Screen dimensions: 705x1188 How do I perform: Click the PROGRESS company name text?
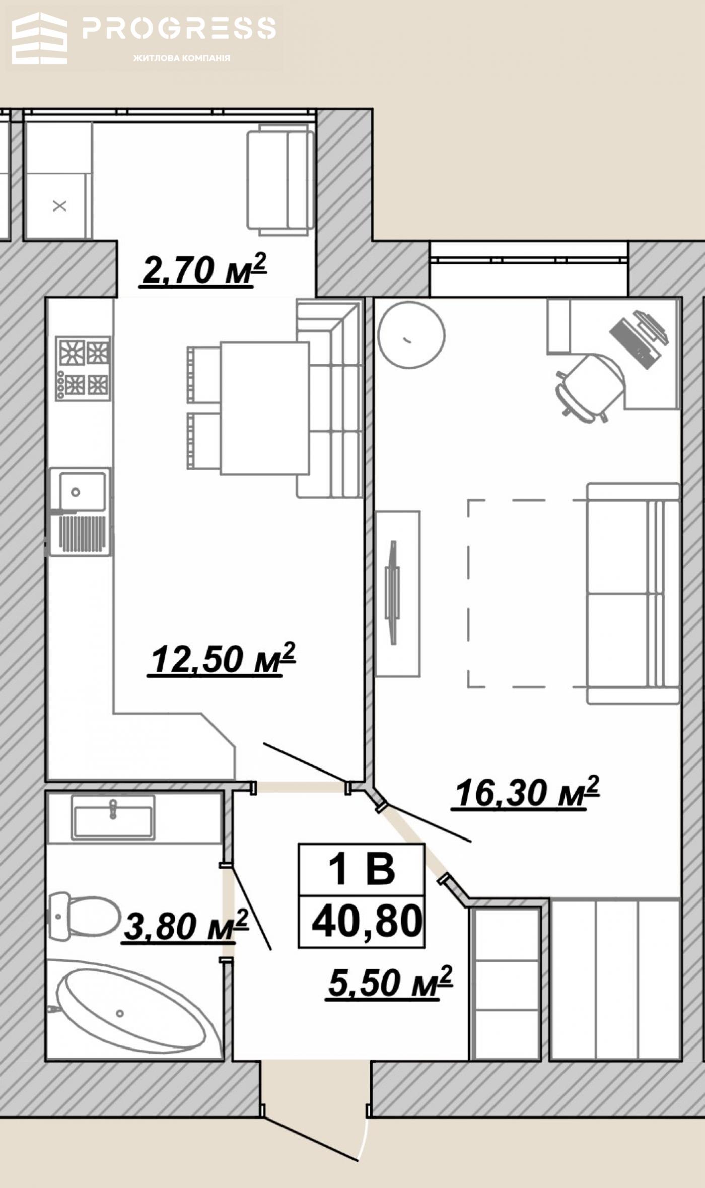[x=179, y=28]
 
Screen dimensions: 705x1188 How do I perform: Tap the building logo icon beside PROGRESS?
[x=40, y=39]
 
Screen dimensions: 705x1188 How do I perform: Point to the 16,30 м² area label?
[x=527, y=792]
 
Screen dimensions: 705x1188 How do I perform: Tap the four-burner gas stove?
[x=83, y=369]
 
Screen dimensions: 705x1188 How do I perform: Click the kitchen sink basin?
[x=83, y=492]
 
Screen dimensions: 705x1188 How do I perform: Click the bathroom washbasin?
[x=113, y=817]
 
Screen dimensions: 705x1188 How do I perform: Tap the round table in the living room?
[x=411, y=335]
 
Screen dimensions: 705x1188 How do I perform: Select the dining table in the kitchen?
[x=264, y=408]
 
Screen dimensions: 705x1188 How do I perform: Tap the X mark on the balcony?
[x=60, y=206]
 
